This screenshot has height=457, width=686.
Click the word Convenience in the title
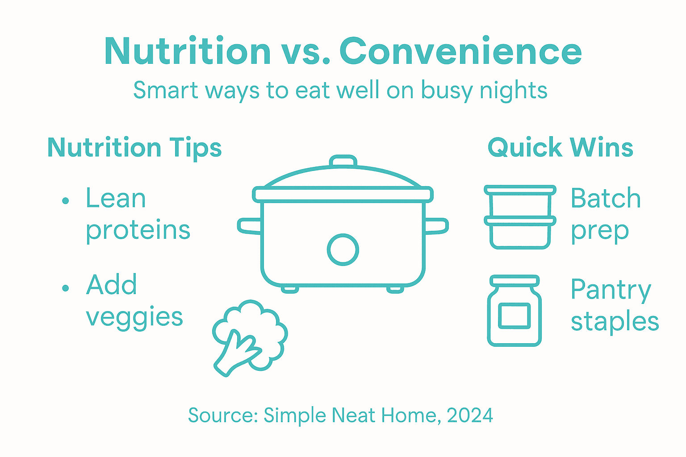click(x=460, y=51)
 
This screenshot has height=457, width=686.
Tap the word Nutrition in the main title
click(x=188, y=51)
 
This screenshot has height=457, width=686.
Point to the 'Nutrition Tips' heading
click(x=134, y=148)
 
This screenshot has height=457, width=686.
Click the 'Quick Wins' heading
click(x=560, y=148)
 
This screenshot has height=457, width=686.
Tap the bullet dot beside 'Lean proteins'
click(x=66, y=201)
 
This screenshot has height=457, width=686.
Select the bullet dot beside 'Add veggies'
click(x=66, y=288)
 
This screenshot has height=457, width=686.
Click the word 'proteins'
click(x=138, y=231)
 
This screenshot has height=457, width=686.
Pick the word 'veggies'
click(x=134, y=318)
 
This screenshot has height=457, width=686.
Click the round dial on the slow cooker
click(x=343, y=249)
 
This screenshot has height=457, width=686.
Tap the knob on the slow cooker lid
click(x=343, y=161)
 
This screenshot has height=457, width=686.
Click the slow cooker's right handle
click(x=436, y=226)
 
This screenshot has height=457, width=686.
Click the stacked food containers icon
click(x=520, y=217)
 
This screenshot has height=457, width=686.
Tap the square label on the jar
click(x=514, y=316)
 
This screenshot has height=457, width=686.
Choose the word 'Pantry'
click(x=611, y=291)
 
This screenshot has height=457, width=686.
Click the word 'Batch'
click(x=606, y=199)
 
